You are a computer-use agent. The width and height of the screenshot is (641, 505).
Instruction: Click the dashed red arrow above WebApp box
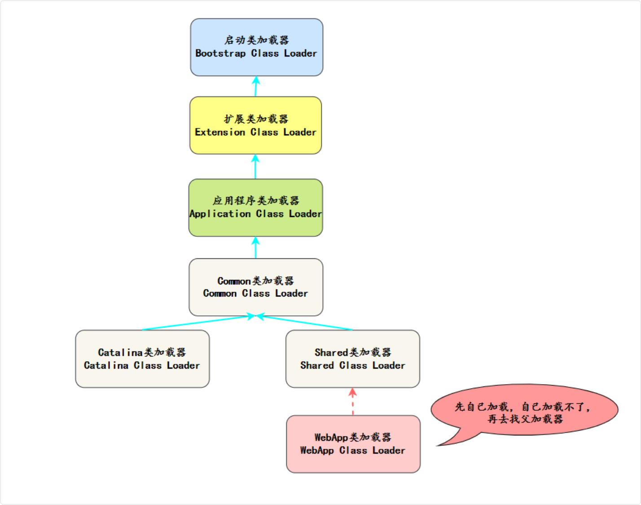[353, 403]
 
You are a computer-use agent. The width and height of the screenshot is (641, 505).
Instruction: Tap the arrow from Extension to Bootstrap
[256, 86]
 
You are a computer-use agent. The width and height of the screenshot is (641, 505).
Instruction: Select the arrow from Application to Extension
[255, 167]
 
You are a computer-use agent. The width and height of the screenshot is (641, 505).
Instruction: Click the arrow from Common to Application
[256, 248]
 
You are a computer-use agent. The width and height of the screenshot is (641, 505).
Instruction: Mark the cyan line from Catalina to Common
[198, 323]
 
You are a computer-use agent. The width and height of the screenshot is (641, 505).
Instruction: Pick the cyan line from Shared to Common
[305, 323]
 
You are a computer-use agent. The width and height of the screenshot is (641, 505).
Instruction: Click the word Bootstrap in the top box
[220, 53]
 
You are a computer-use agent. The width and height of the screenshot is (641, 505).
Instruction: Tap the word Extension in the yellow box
[220, 133]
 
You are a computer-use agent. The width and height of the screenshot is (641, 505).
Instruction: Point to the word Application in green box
[220, 214]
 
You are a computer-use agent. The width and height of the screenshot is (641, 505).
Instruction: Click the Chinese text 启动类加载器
[256, 40]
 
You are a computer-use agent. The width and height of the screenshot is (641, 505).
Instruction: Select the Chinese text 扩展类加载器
[256, 119]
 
